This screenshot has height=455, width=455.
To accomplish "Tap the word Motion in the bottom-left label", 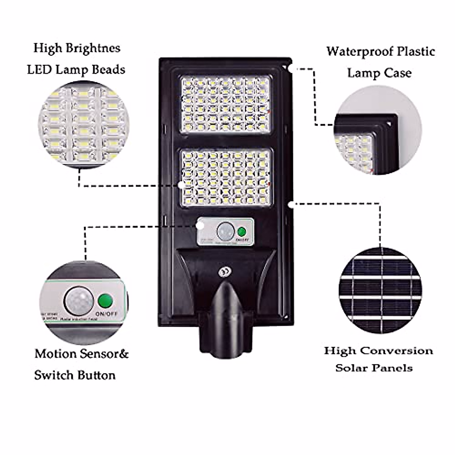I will point(56,354).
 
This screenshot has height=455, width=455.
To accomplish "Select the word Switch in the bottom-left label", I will point(53,375).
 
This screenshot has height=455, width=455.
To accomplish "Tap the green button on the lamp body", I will point(241,231).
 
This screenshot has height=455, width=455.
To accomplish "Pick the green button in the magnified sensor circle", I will point(105,301).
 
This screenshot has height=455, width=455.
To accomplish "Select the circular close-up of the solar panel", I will point(380,290).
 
